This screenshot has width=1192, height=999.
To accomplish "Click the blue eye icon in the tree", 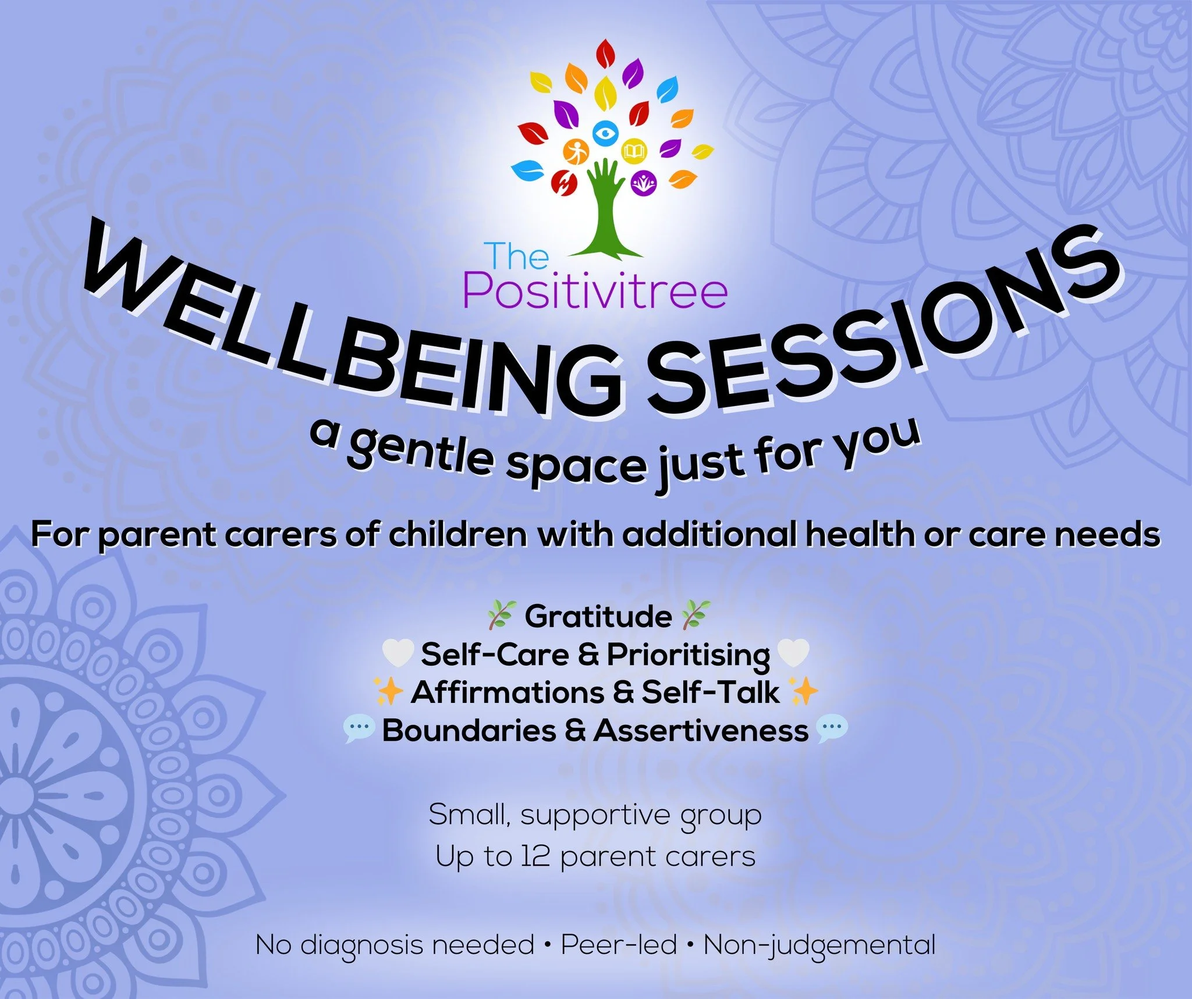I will [606, 133].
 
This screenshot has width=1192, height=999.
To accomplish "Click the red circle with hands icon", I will [564, 183].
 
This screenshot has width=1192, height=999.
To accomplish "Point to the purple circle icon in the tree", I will [644, 183].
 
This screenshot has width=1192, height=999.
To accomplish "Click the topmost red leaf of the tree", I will [605, 55].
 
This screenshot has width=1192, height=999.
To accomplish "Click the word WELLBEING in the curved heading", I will [349, 332].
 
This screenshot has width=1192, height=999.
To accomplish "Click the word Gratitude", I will [598, 616].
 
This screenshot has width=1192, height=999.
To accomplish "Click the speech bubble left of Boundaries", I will [359, 730].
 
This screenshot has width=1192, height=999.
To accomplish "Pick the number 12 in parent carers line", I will [535, 856].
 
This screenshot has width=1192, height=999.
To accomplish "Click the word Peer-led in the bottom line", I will [619, 945].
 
